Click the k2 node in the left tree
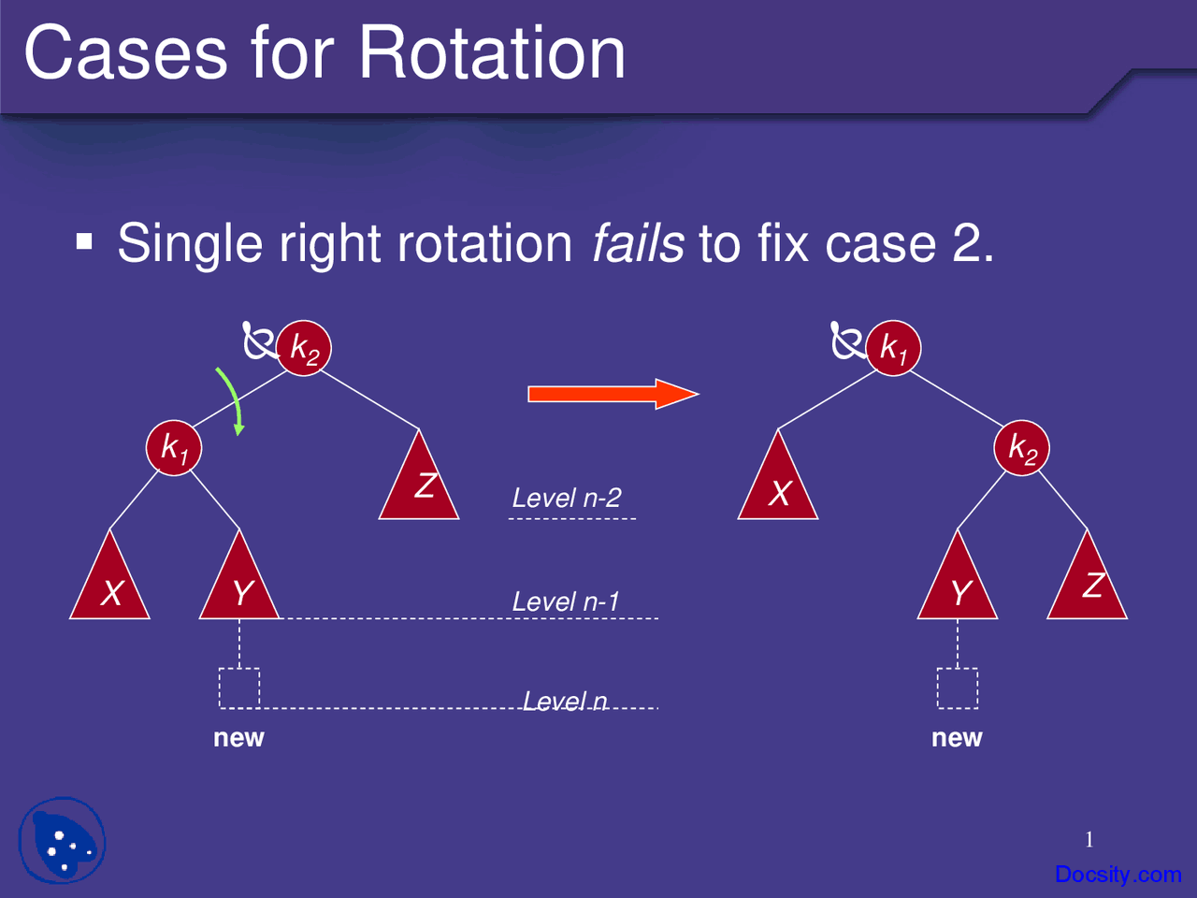tap(304, 348)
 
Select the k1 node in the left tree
tap(174, 448)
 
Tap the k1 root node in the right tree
tap(893, 348)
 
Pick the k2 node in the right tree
tap(1022, 448)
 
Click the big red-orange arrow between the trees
tap(613, 394)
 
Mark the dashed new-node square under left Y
tap(239, 688)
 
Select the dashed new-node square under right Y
tap(958, 688)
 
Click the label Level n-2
tap(567, 498)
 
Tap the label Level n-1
tap(566, 601)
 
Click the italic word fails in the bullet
tap(638, 244)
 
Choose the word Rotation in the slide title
tap(492, 53)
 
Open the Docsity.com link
tap(1118, 875)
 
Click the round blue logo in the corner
tap(62, 841)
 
